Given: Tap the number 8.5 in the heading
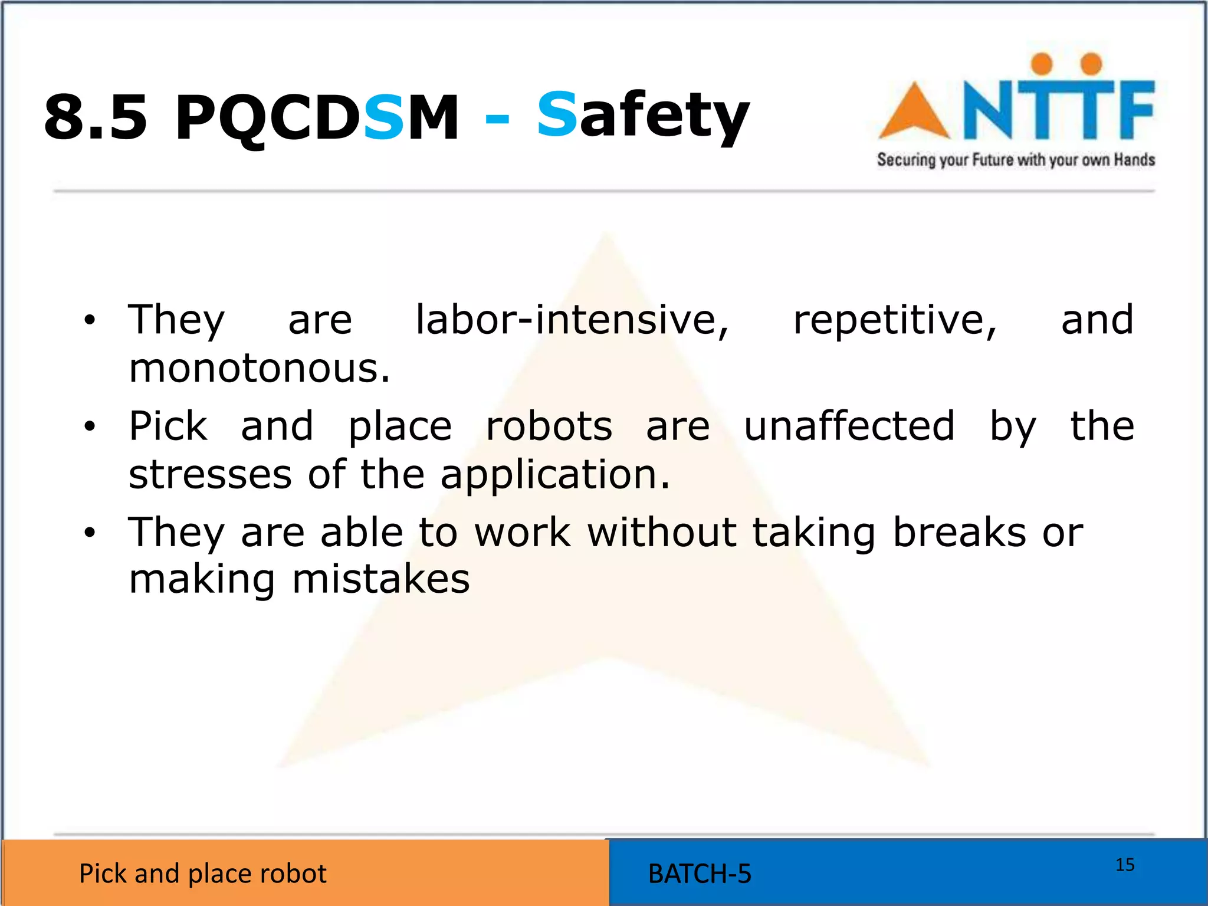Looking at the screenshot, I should pos(96,117).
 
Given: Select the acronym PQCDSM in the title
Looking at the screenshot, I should pos(317,117).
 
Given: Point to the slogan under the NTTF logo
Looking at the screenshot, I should pos(1015,160).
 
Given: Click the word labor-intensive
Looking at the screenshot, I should pos(572,320).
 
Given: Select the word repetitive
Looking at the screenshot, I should pos(894,320).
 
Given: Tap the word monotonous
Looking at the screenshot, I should pos(260,368).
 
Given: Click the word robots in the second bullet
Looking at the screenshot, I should pos(549,426).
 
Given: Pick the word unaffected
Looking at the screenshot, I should pos(849,426).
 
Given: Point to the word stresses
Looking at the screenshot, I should pos(210,474).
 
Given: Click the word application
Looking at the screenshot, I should pos(555,475).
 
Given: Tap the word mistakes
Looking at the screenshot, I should pos(381,579).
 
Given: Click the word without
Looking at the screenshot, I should pos(662,532).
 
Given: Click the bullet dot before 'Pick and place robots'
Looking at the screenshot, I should pos(90,426).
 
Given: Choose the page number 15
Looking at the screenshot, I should pos(1125,865).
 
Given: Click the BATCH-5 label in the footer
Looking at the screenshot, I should pos(700,874).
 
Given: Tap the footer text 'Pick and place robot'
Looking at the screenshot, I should pos(202,874).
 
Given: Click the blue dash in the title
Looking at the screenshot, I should pos(497,119).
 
